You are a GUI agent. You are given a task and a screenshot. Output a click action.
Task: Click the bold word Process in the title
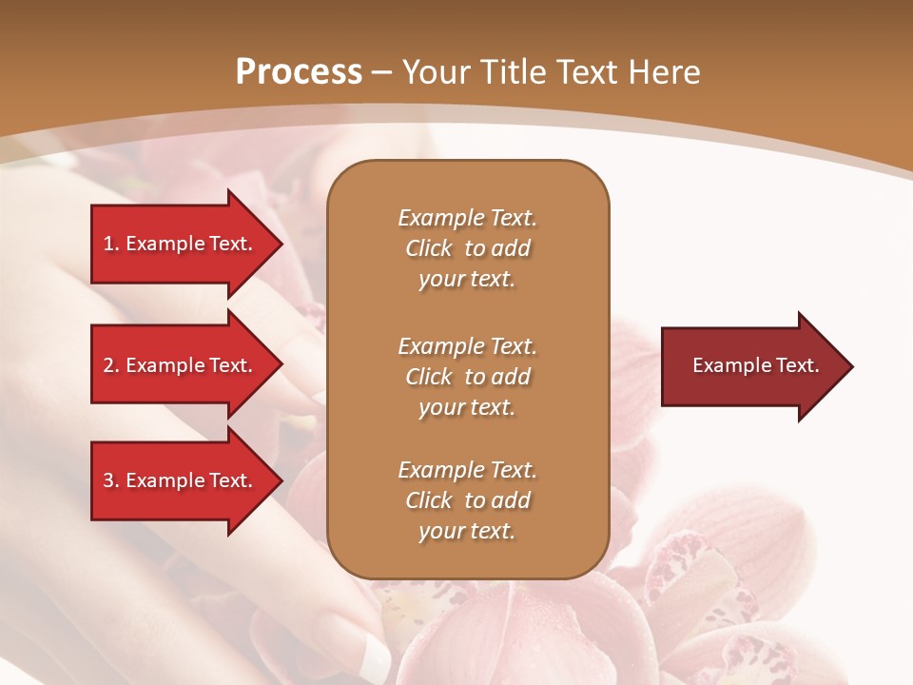click(299, 72)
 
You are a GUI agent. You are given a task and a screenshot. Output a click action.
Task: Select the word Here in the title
click(662, 72)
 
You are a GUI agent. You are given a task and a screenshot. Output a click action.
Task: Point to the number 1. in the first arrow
click(111, 244)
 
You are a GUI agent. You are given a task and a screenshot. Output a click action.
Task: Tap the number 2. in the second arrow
click(111, 365)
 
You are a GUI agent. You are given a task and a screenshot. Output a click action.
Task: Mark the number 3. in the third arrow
click(111, 480)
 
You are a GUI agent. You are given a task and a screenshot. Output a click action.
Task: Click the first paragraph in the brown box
click(467, 248)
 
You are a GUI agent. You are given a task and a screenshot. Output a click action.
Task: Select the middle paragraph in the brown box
click(467, 377)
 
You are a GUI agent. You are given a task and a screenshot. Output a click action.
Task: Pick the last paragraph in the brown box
click(467, 500)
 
